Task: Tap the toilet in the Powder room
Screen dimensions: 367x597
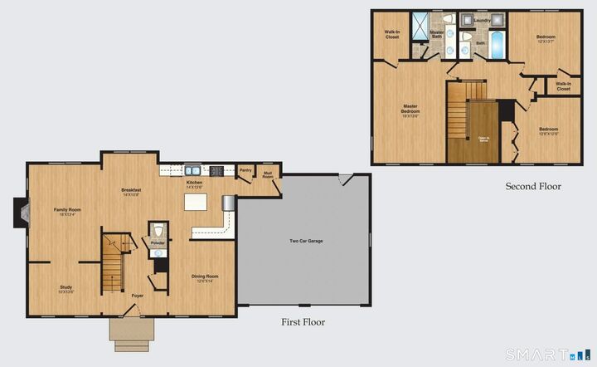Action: (158, 230)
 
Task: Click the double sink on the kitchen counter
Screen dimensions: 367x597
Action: (192, 170)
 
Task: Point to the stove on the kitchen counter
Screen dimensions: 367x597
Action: (216, 171)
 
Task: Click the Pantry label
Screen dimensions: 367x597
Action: (245, 170)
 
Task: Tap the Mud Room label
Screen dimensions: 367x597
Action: (268, 175)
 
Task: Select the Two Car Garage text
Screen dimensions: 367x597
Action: (306, 241)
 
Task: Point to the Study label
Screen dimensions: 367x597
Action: (66, 287)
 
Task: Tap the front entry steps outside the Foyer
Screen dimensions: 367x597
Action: (131, 334)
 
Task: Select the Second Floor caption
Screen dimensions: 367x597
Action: (533, 186)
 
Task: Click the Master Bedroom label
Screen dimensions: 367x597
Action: (410, 109)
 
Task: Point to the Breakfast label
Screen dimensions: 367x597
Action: (131, 190)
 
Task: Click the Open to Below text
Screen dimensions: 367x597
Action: (483, 139)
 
